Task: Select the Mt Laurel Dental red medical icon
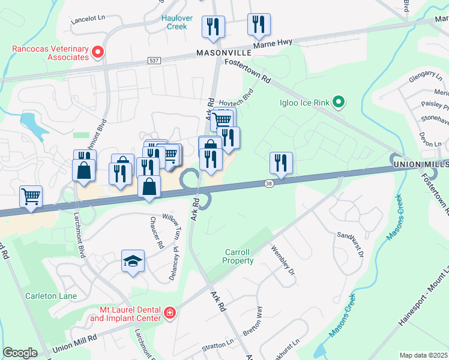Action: pos(169,313)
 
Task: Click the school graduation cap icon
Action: pos(133,262)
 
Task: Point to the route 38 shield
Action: pos(270,184)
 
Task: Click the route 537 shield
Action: pos(154,61)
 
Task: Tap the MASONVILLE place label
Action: pos(222,53)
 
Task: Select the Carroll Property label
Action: pos(238,256)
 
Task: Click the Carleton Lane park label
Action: pos(49,295)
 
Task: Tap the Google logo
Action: pos(20,352)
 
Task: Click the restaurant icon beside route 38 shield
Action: pos(280,163)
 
